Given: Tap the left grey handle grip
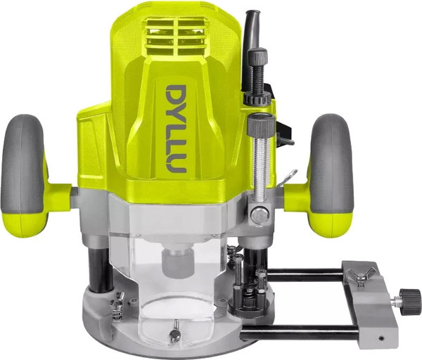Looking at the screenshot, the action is (x=23, y=164).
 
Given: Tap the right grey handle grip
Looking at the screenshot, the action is (x=331, y=164).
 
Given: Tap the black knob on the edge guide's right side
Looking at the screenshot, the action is (x=410, y=302).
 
